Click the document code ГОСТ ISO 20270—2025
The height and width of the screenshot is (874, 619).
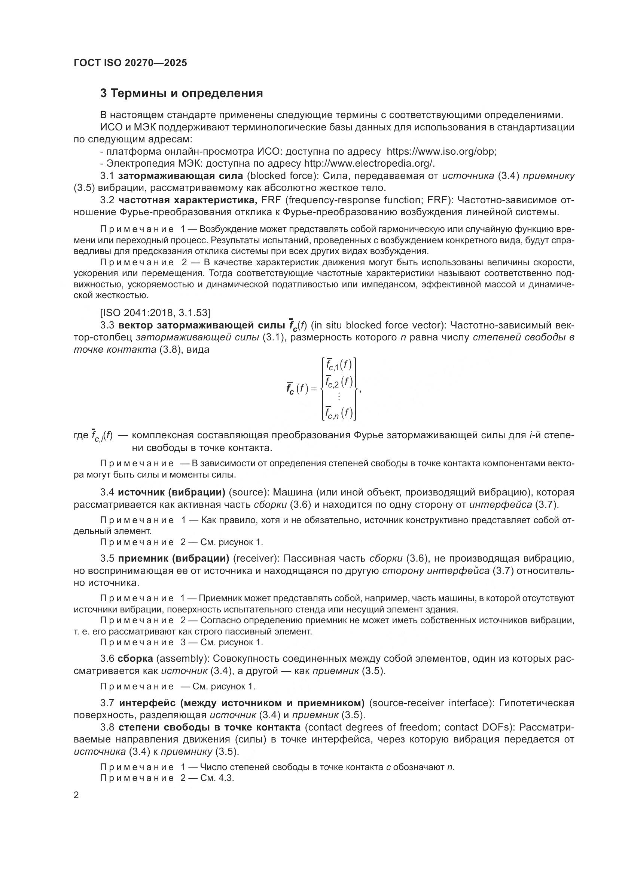pyautogui.click(x=130, y=63)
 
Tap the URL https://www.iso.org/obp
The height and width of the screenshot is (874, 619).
pyautogui.click(x=441, y=151)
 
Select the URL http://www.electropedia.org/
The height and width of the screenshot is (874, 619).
pyautogui.click(x=369, y=164)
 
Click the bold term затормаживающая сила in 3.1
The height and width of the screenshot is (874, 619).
pyautogui.click(x=180, y=176)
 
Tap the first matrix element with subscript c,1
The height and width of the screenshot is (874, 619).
pyautogui.click(x=338, y=365)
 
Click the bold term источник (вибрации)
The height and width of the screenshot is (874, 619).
pyautogui.click(x=171, y=492)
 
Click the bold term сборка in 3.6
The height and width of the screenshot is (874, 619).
pyautogui.click(x=135, y=658)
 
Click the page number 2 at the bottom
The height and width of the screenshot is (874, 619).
pyautogui.click(x=76, y=795)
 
